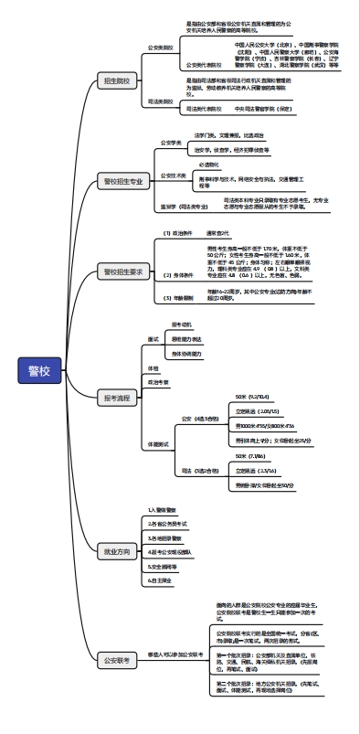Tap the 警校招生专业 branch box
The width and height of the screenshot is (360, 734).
[x=122, y=182]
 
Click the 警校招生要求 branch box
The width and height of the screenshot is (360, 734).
[x=122, y=271]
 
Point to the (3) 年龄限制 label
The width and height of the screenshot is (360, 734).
[x=180, y=298]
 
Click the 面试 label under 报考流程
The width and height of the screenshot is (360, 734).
[x=154, y=338]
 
